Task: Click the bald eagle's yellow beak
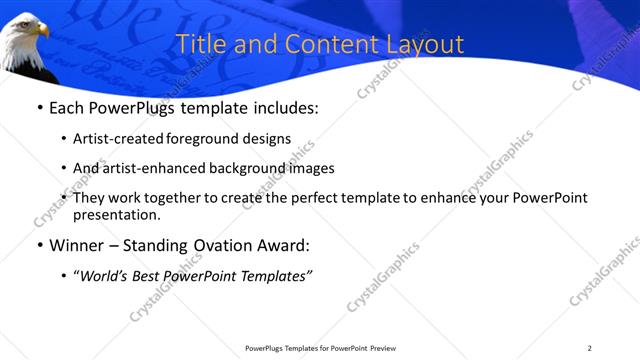43,31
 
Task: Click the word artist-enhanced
147,168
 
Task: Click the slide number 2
590,348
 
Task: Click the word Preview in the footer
389,348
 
